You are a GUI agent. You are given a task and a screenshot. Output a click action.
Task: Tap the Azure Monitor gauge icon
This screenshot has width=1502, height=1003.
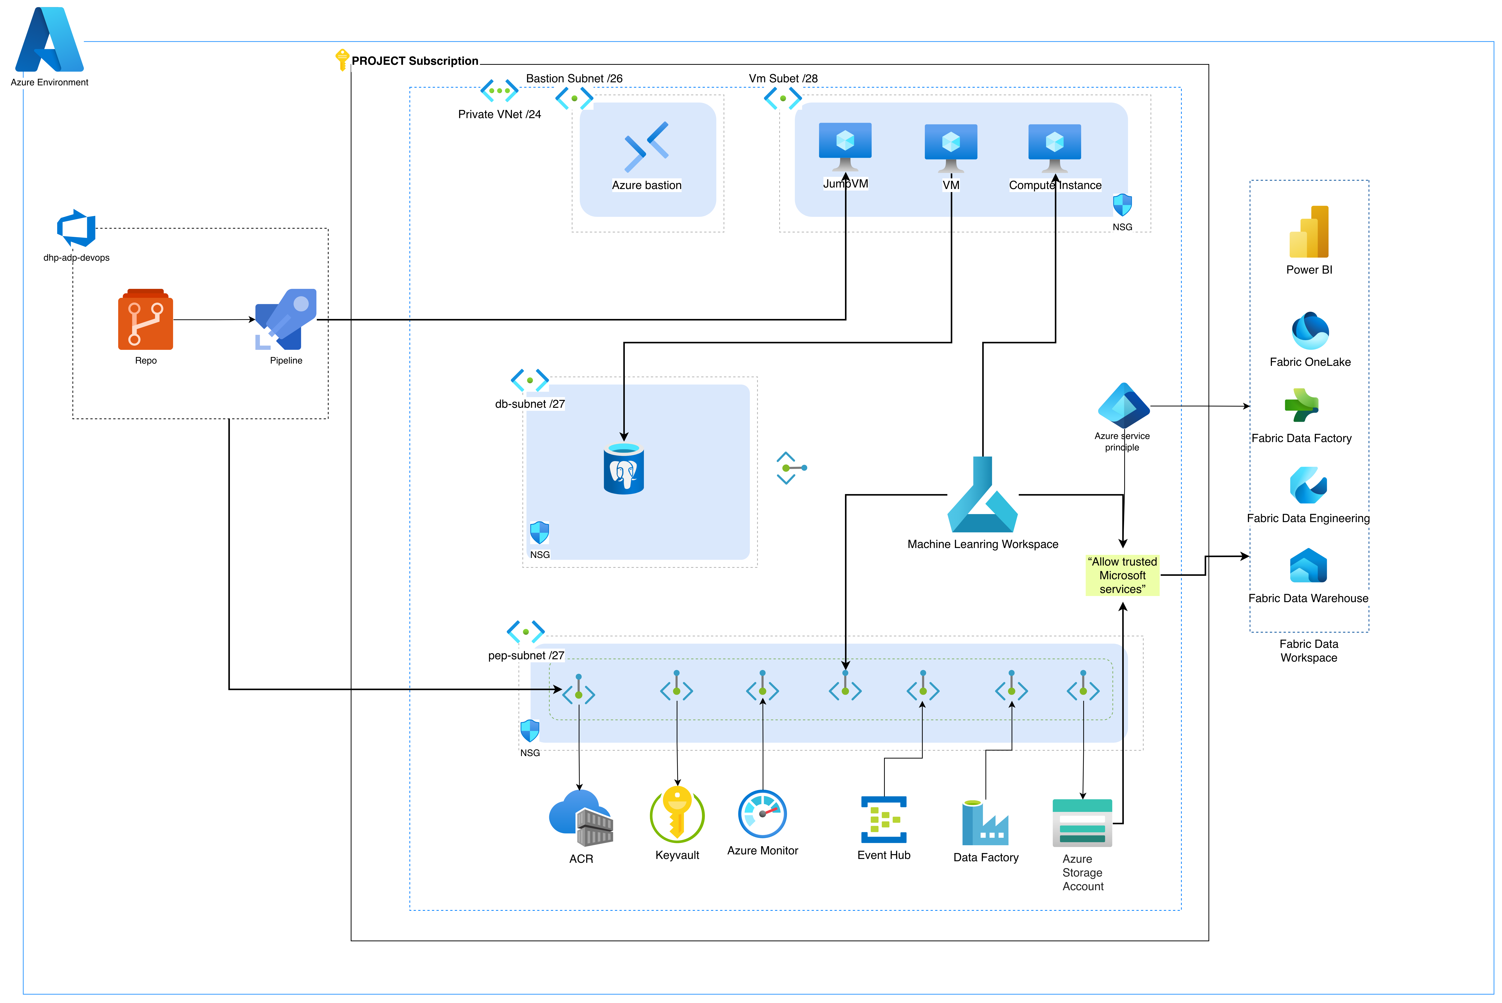[x=762, y=814]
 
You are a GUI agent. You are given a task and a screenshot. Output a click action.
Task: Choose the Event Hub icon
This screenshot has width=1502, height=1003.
[x=884, y=819]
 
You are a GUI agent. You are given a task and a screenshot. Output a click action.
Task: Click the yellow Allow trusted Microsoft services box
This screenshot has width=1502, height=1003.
[x=1122, y=575]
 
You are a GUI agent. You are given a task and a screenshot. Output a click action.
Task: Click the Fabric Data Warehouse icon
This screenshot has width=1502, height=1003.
[x=1308, y=566]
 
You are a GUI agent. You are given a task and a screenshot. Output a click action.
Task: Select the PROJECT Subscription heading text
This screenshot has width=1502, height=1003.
[x=415, y=61]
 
